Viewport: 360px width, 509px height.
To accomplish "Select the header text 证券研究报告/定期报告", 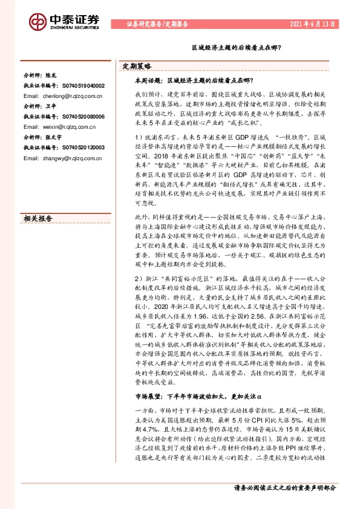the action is pyautogui.click(x=157, y=24).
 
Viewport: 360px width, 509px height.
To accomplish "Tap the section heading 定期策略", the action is pyautogui.click(x=137, y=66).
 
